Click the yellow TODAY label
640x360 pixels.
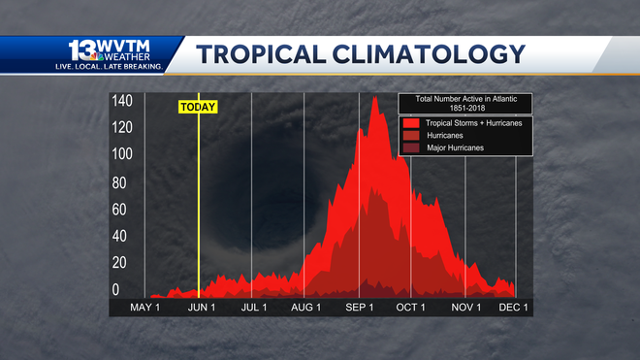(x=198, y=107)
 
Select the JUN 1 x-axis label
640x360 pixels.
(x=201, y=308)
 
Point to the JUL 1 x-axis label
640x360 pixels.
(x=254, y=308)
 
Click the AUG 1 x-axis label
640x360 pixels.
(x=305, y=308)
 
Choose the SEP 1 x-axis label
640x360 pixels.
(x=360, y=308)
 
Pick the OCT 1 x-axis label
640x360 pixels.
(x=411, y=308)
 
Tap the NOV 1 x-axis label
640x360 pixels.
(x=465, y=308)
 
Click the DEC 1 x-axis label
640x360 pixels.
(x=514, y=308)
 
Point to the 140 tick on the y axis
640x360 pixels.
(x=121, y=102)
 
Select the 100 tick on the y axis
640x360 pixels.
(x=121, y=155)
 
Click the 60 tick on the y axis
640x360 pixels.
(x=121, y=209)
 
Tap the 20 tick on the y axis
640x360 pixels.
(x=121, y=263)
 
